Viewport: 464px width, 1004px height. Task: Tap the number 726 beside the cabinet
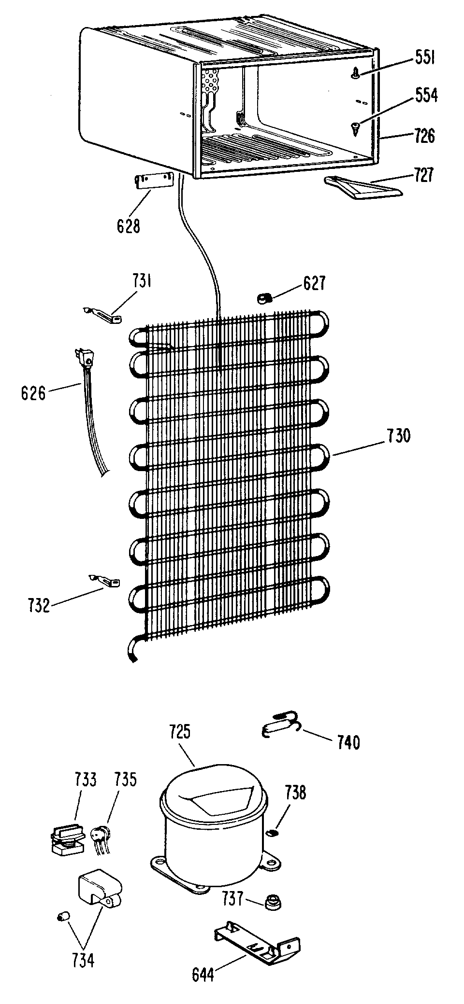tap(424, 136)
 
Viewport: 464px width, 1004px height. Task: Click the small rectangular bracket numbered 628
tap(153, 182)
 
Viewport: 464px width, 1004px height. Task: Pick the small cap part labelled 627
tap(263, 299)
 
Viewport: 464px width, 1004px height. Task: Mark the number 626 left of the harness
tap(33, 393)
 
